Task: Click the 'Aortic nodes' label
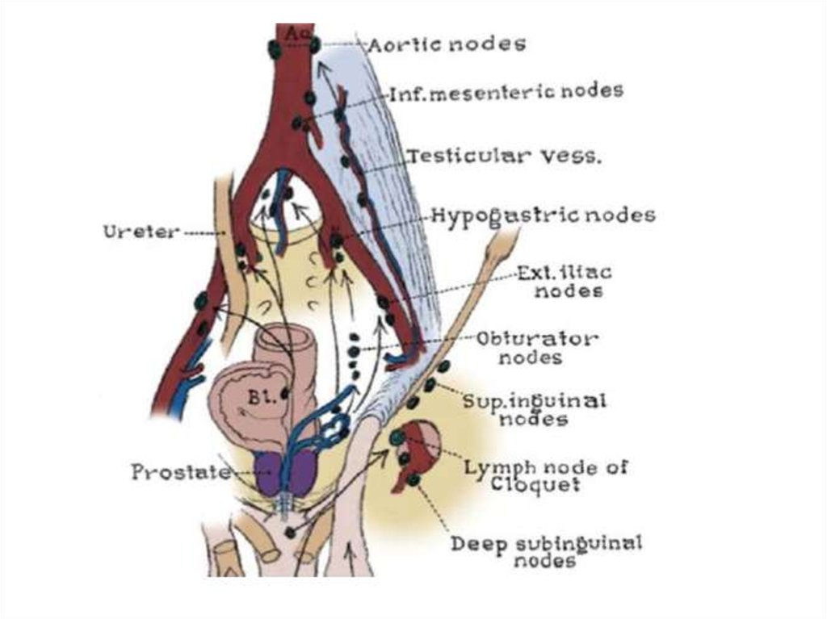447,44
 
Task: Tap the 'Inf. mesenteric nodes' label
507,91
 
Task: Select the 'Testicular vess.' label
505,156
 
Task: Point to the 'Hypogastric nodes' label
544,215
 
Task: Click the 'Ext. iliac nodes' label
565,282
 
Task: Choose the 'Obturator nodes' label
536,348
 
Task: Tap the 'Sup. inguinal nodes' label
535,410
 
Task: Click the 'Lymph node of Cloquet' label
546,475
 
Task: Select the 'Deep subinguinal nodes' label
546,551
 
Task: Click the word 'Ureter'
141,232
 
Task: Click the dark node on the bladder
285,393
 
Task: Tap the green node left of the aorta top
275,50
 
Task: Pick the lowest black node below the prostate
290,533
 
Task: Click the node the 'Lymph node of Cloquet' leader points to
397,437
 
